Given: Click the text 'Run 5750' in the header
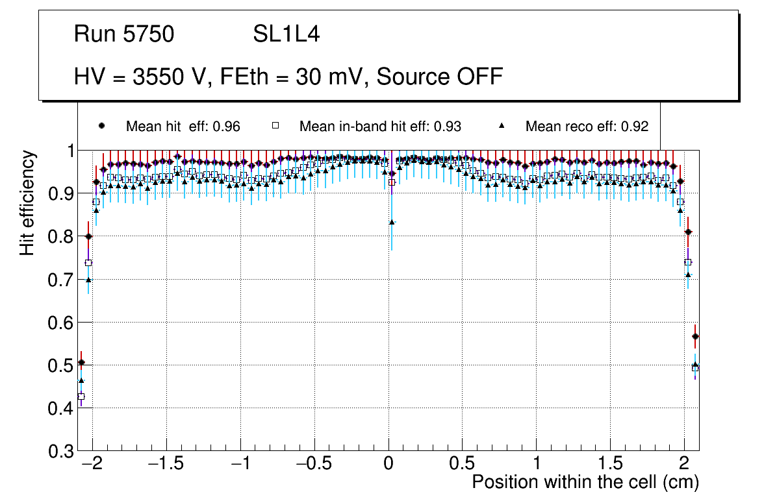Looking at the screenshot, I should click(124, 34).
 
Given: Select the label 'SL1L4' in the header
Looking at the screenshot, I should click(286, 34).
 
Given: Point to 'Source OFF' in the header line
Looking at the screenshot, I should click(440, 77).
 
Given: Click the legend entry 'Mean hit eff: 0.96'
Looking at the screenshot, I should click(183, 127).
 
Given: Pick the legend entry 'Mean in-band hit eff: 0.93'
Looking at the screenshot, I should click(380, 127).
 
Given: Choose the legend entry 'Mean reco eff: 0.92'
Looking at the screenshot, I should click(587, 127).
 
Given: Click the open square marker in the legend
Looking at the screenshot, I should click(275, 126).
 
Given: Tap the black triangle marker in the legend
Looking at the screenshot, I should click(502, 126).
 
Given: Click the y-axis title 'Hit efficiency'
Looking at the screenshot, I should click(27, 202).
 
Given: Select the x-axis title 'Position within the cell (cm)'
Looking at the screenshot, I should click(585, 482).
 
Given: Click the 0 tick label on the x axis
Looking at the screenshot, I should click(388, 464).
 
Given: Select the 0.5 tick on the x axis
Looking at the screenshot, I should click(463, 464).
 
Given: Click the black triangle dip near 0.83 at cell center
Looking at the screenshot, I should click(392, 222).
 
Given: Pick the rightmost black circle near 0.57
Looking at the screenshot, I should click(695, 336).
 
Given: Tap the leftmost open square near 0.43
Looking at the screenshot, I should click(81, 397).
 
